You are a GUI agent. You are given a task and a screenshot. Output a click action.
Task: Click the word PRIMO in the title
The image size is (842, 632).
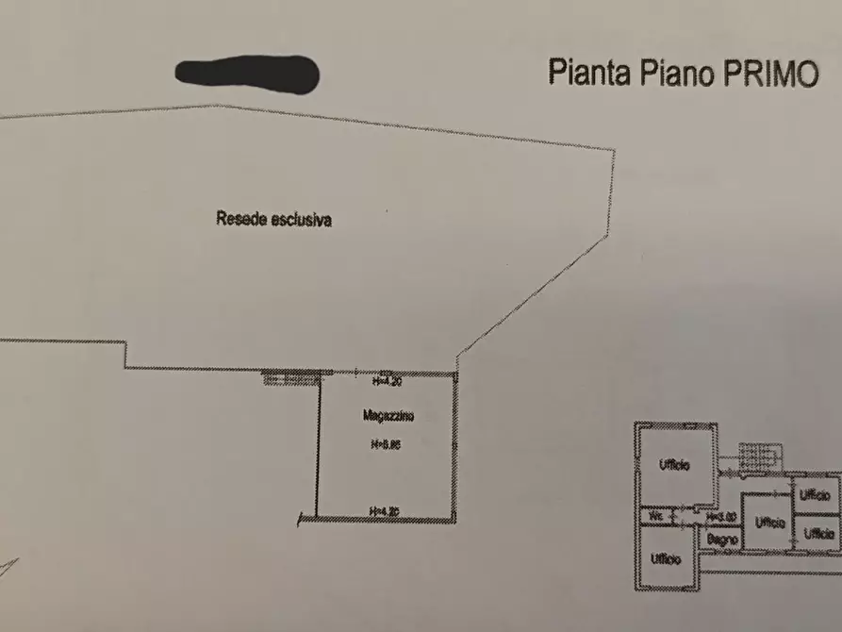pyautogui.click(x=770, y=74)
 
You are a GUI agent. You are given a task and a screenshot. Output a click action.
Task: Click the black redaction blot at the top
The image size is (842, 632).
pyautogui.click(x=248, y=74)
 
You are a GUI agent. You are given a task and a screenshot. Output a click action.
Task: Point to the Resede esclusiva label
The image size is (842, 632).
pyautogui.click(x=273, y=221)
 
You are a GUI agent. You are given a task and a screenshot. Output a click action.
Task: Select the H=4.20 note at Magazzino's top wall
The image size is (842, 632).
pyautogui.click(x=387, y=382)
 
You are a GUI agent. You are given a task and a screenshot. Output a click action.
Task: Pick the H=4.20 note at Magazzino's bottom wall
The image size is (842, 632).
pyautogui.click(x=386, y=512)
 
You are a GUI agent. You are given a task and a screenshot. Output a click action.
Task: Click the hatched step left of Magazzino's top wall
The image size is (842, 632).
pyautogui.click(x=290, y=379)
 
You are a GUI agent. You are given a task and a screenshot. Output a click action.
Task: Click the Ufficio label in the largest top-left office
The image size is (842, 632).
pyautogui.click(x=673, y=465)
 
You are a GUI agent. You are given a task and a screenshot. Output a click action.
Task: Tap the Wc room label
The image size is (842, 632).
pyautogui.click(x=656, y=516)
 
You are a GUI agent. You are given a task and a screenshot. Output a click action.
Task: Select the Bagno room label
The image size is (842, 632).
pyautogui.click(x=722, y=539)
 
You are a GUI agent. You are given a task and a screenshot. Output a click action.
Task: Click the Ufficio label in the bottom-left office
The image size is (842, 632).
pyautogui.click(x=666, y=558)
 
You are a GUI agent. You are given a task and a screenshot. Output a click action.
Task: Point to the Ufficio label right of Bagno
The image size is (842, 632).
pyautogui.click(x=769, y=522)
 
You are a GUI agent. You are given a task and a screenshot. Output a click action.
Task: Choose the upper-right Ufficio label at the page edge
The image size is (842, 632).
pyautogui.click(x=817, y=494)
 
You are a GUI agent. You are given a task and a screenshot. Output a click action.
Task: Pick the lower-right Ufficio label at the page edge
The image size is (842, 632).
pyautogui.click(x=818, y=533)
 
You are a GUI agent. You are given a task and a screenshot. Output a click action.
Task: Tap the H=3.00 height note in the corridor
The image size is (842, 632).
pyautogui.click(x=721, y=516)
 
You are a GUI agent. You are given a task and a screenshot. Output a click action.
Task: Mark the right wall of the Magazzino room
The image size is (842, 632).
pyautogui.click(x=455, y=446)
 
